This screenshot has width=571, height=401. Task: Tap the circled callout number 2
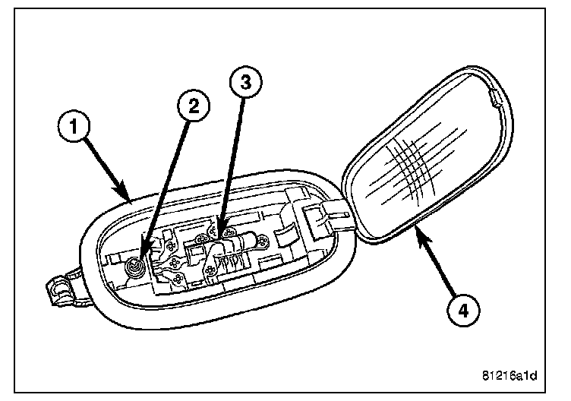pyautogui.click(x=194, y=107)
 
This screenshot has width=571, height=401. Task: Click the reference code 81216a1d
pyautogui.click(x=514, y=375)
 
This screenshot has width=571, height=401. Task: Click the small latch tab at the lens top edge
pyautogui.click(x=494, y=96)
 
